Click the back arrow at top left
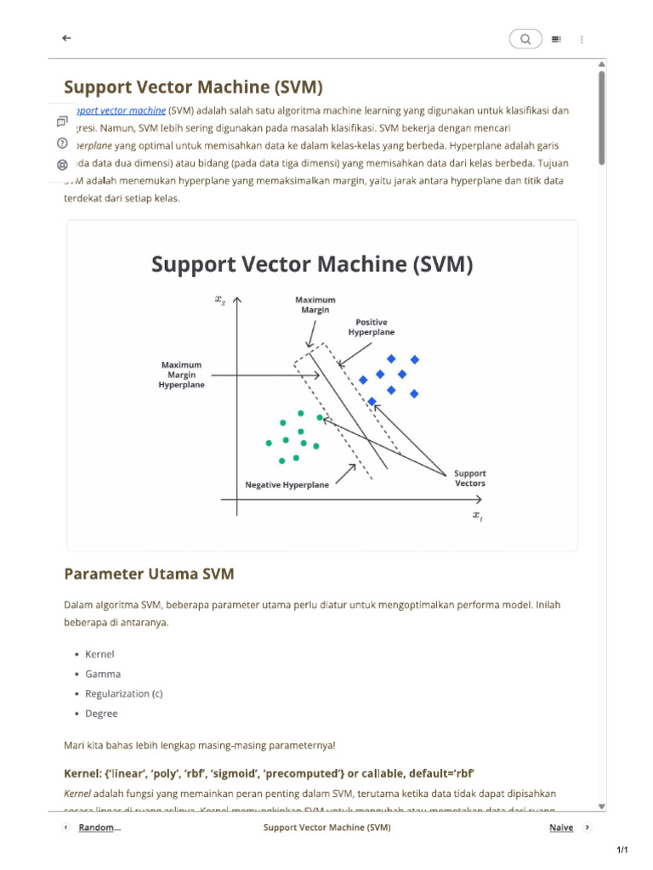pos(66,38)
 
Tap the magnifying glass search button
pos(525,39)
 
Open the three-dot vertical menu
pos(582,39)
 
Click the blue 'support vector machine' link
pos(120,110)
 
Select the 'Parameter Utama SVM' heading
pos(149,574)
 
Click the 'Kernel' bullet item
pos(99,654)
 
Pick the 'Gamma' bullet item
pos(103,674)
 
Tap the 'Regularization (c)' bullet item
pos(123,693)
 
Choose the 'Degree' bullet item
pos(101,714)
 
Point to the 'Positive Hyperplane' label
pos(372,327)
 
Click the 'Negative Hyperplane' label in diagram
pos(287,485)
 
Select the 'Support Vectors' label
pos(470,478)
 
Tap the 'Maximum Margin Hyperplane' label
pos(181,375)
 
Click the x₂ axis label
pos(221,299)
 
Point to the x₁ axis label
pos(478,516)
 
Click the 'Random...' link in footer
pos(99,828)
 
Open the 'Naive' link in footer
pos(560,828)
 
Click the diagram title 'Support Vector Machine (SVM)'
pos(311,264)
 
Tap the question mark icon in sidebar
pos(62,143)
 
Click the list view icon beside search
pos(556,39)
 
